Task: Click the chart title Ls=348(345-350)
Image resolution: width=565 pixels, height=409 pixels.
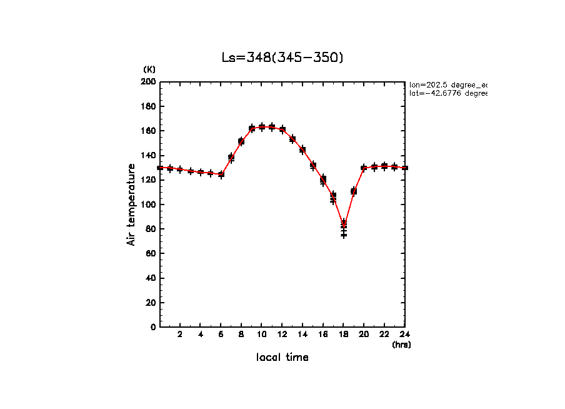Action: tap(282, 58)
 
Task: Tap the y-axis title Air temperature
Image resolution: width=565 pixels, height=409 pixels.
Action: tap(131, 204)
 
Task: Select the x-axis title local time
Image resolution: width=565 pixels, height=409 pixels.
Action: tap(282, 357)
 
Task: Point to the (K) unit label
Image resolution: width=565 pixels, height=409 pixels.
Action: tap(149, 69)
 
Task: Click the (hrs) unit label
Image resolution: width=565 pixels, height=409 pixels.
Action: tap(401, 345)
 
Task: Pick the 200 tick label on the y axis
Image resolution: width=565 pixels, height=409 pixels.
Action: tap(148, 82)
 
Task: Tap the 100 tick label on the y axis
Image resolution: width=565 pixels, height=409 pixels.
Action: tap(148, 204)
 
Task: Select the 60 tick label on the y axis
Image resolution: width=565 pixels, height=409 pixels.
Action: tap(150, 253)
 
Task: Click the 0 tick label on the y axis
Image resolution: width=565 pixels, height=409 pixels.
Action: tap(153, 327)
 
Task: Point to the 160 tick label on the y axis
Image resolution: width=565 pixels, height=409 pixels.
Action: tap(148, 131)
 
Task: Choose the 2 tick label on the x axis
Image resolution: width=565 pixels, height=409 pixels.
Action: tap(180, 334)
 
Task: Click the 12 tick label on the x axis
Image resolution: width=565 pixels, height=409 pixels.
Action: tap(282, 334)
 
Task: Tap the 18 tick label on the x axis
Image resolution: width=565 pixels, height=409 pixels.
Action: tap(343, 334)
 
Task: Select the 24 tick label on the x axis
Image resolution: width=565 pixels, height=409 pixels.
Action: tap(404, 334)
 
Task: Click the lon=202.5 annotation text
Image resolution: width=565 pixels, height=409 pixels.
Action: tap(447, 84)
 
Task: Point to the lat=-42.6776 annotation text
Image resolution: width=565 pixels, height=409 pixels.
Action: tap(447, 93)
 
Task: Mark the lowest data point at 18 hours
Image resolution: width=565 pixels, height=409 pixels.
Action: tap(344, 235)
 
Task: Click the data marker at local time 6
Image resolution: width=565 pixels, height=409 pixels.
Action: tap(221, 174)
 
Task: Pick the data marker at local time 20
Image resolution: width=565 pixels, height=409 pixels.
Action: tap(364, 168)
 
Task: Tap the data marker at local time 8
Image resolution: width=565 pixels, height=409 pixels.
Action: tap(241, 141)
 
